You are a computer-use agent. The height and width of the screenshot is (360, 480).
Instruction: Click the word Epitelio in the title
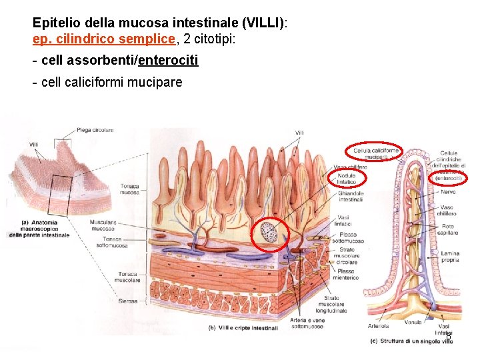[55, 23]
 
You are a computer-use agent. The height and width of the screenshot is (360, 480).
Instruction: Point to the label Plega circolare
[95, 130]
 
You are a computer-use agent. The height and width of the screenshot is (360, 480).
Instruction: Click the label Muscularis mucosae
[103, 225]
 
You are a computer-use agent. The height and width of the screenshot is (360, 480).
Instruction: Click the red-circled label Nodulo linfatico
[346, 179]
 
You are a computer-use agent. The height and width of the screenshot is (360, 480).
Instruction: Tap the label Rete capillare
[449, 230]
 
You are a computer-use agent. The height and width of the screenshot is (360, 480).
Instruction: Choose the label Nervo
[449, 191]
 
